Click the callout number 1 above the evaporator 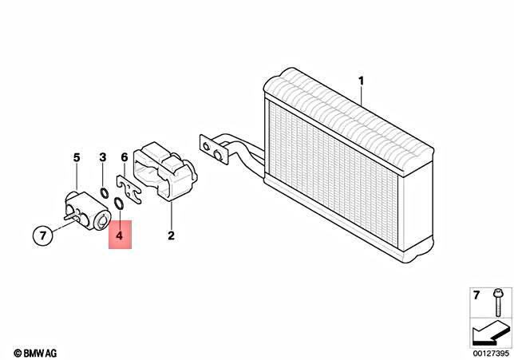pyautogui.click(x=361, y=81)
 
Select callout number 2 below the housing pyautogui.click(x=171, y=235)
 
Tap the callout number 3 pyautogui.click(x=103, y=158)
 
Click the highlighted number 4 pyautogui.click(x=120, y=235)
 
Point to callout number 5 pyautogui.click(x=77, y=158)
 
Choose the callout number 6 pyautogui.click(x=125, y=157)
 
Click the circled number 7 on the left pyautogui.click(x=43, y=235)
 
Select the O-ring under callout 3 pyautogui.click(x=104, y=193)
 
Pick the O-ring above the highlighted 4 pyautogui.click(x=119, y=203)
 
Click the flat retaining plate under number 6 pyautogui.click(x=128, y=188)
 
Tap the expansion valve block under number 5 pyautogui.click(x=87, y=212)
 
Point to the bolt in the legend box pyautogui.click(x=498, y=303)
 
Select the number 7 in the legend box pyautogui.click(x=476, y=295)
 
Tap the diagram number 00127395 pyautogui.click(x=491, y=354)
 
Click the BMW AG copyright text pyautogui.click(x=35, y=353)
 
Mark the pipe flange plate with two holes pyautogui.click(x=213, y=150)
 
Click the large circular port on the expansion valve pyautogui.click(x=102, y=220)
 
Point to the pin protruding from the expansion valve pyautogui.click(x=70, y=216)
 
